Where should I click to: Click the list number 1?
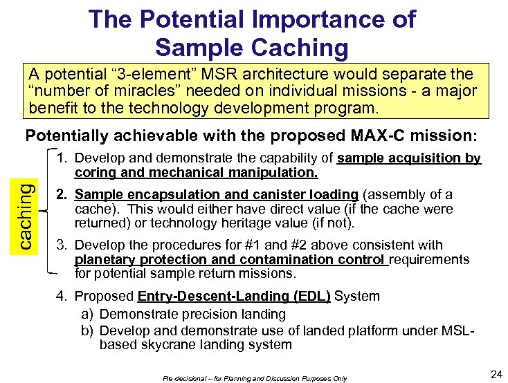[62, 159]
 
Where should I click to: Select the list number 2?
[62, 195]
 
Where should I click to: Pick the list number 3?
[62, 245]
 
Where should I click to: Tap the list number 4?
[62, 297]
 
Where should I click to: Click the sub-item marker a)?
[87, 315]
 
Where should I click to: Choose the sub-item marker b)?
[87, 330]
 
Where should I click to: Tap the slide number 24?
[496, 374]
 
